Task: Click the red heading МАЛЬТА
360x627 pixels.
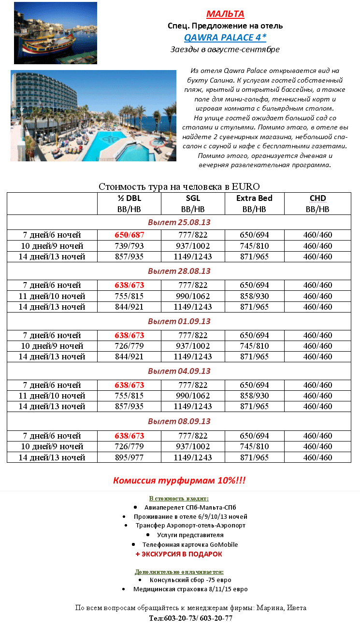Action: pyautogui.click(x=225, y=14)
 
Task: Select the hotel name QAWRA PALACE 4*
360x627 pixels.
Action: pyautogui.click(x=225, y=37)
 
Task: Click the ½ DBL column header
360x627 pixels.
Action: pyautogui.click(x=129, y=198)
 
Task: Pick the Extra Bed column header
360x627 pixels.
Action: pyautogui.click(x=254, y=198)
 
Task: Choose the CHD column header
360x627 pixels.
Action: pyautogui.click(x=317, y=198)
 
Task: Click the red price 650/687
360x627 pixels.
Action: pyautogui.click(x=130, y=235)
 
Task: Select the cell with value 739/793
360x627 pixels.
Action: pyautogui.click(x=130, y=246)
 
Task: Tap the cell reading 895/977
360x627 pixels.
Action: pyautogui.click(x=130, y=457)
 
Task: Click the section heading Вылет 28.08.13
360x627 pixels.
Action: pyautogui.click(x=179, y=271)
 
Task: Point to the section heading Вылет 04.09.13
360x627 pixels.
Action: pyautogui.click(x=179, y=371)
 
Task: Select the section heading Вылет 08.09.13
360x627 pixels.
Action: pyautogui.click(x=179, y=421)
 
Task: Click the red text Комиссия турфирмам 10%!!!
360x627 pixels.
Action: pyautogui.click(x=179, y=481)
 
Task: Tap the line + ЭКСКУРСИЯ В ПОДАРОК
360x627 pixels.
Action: pyautogui.click(x=179, y=554)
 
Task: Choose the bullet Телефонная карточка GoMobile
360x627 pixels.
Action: pyautogui.click(x=190, y=544)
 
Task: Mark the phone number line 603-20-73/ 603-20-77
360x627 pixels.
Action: pyautogui.click(x=190, y=618)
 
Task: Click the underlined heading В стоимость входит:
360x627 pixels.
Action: pyautogui.click(x=179, y=498)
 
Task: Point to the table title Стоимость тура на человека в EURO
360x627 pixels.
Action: pyautogui.click(x=179, y=186)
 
